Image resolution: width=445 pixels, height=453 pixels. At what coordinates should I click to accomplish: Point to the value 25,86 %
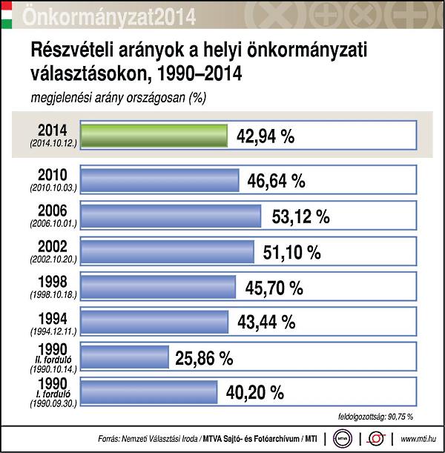click(x=205, y=357)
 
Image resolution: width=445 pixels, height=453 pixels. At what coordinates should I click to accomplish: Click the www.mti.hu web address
click(x=417, y=438)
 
